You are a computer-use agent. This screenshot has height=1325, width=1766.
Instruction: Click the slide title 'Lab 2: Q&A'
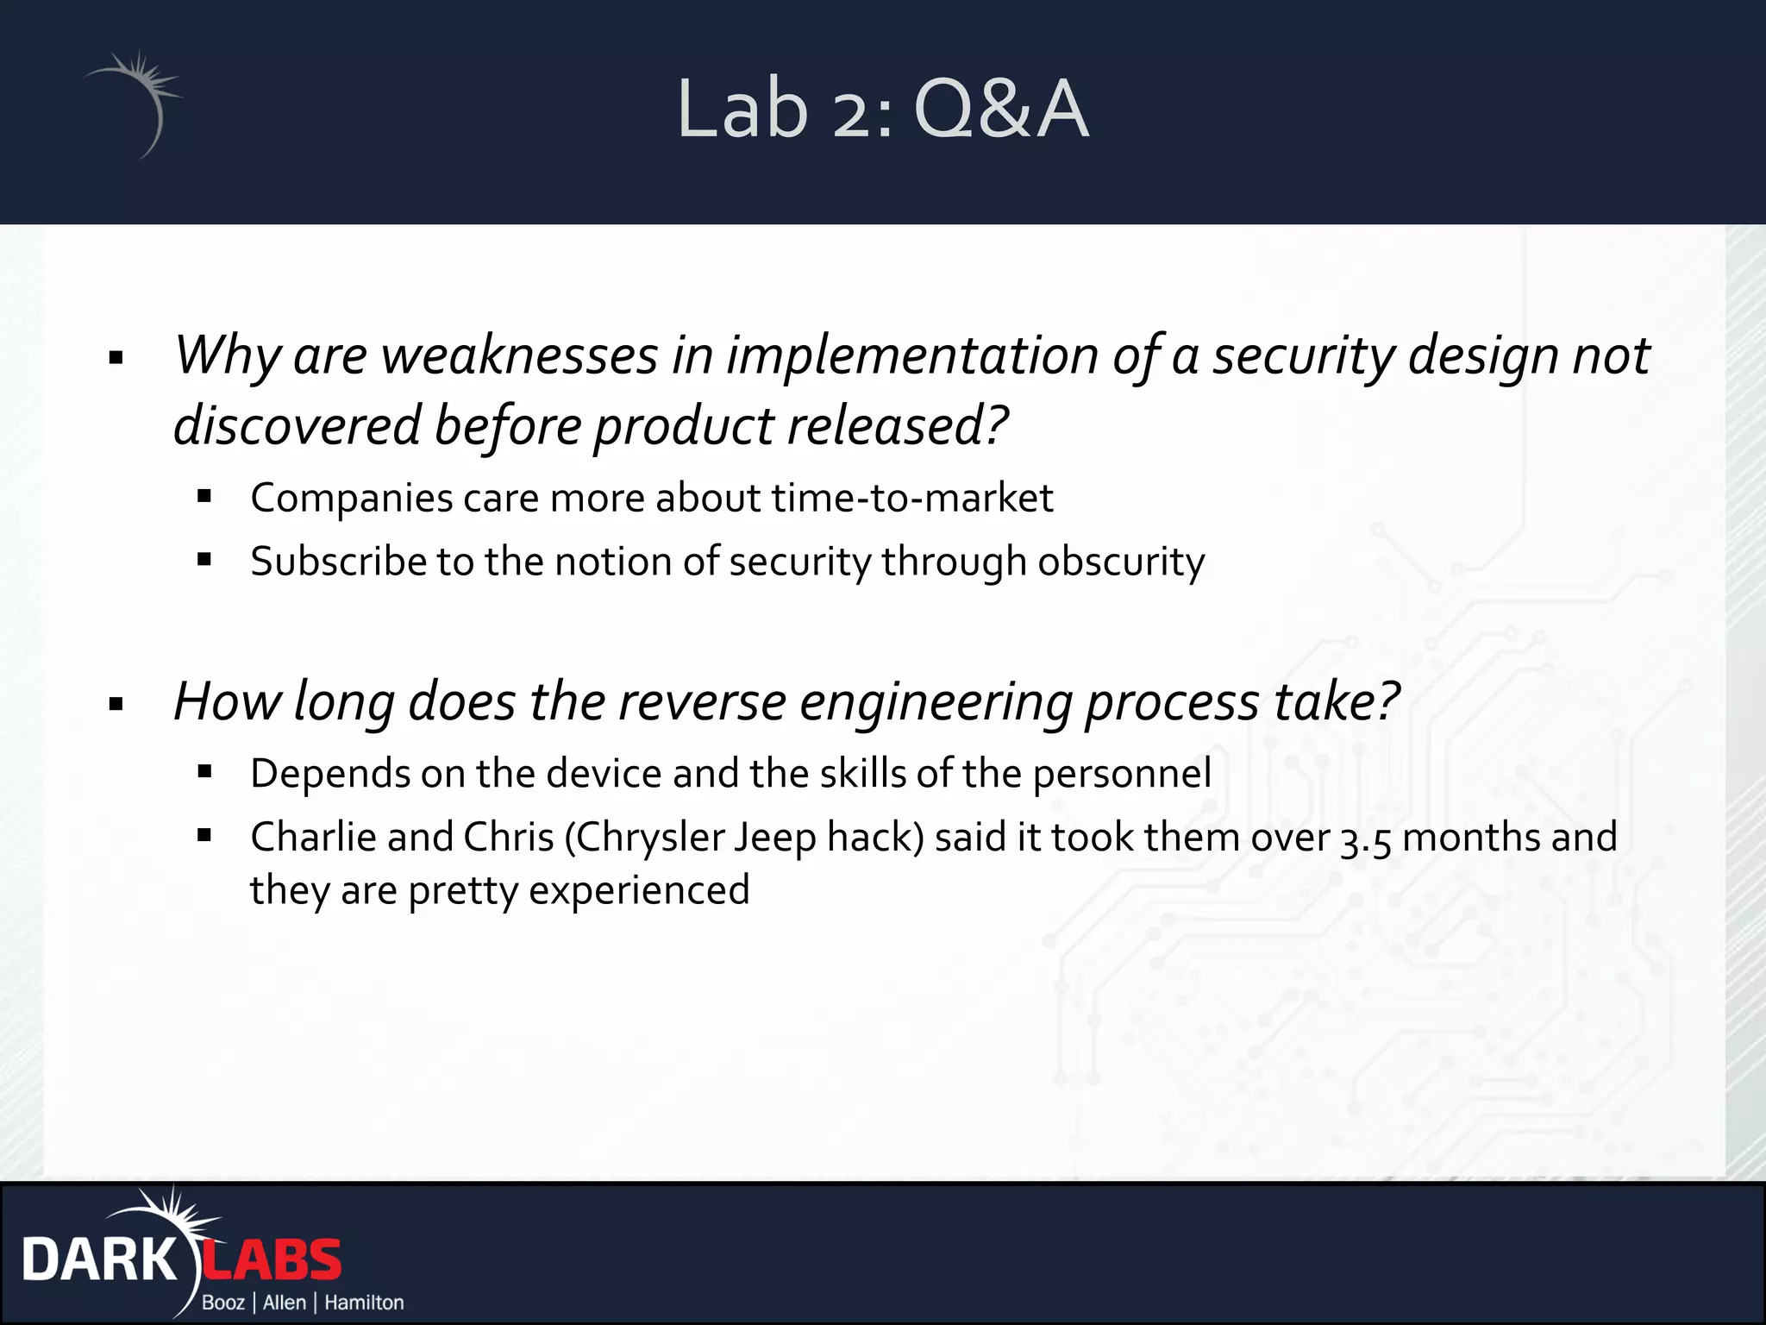[x=882, y=109]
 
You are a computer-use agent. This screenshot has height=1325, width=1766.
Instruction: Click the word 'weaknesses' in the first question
[x=520, y=355]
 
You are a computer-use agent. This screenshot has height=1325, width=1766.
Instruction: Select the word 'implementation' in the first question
[x=911, y=355]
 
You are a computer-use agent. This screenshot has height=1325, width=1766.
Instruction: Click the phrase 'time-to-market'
[x=911, y=498]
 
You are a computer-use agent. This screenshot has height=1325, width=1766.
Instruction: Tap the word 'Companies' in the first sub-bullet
[x=351, y=499]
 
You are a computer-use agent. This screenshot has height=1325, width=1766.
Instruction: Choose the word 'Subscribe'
[x=338, y=562]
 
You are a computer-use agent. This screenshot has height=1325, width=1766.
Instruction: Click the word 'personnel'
[x=1122, y=773]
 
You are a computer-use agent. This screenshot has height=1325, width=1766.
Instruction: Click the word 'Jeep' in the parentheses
[x=774, y=838]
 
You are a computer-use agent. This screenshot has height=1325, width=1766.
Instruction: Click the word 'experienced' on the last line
[x=638, y=890]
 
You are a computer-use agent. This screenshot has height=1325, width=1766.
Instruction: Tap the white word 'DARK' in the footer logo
[x=98, y=1260]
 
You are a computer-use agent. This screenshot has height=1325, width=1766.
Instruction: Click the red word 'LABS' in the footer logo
[x=272, y=1260]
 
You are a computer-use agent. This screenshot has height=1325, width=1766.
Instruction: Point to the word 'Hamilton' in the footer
[x=364, y=1303]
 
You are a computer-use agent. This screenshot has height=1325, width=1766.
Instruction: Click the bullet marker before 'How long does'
[x=116, y=705]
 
